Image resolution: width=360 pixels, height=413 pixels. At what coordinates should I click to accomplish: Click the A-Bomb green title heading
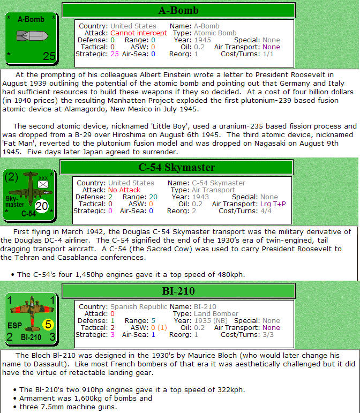pyautogui.click(x=178, y=10)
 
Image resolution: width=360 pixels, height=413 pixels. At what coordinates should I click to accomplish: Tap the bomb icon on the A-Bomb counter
pyautogui.click(x=32, y=36)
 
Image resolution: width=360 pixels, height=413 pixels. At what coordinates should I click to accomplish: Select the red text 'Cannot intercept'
pyautogui.click(x=139, y=33)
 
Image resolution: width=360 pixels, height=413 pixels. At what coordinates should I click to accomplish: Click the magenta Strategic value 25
pyautogui.click(x=115, y=54)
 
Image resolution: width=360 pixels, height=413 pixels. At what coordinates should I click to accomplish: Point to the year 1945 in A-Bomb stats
pyautogui.click(x=202, y=40)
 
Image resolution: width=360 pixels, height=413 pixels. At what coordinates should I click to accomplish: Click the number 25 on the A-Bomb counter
pyautogui.click(x=49, y=56)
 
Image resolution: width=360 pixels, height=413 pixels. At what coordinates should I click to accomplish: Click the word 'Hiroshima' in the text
pyautogui.click(x=129, y=135)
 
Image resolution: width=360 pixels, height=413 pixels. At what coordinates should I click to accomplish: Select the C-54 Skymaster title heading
pyautogui.click(x=176, y=167)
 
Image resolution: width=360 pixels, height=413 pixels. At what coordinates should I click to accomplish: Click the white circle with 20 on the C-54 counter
pyautogui.click(x=42, y=206)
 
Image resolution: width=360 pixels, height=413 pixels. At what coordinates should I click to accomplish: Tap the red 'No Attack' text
pyautogui.click(x=124, y=190)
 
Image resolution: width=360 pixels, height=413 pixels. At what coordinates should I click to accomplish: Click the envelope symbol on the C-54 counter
pyautogui.click(x=43, y=184)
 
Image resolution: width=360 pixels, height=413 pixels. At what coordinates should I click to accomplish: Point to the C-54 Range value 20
pyautogui.click(x=153, y=197)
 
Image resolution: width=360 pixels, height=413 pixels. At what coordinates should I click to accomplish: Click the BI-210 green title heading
pyautogui.click(x=178, y=291)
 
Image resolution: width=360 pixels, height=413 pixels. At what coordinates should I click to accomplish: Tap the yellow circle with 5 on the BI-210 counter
pyautogui.click(x=48, y=324)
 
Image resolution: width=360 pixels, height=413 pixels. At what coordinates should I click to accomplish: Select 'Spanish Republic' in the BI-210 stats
pyautogui.click(x=139, y=307)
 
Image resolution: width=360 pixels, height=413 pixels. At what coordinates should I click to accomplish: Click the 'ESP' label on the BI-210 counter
pyautogui.click(x=15, y=326)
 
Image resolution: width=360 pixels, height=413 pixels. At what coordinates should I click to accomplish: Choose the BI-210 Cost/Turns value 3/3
pyautogui.click(x=268, y=335)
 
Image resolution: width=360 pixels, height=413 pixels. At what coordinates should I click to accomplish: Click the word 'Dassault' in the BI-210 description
pyautogui.click(x=49, y=364)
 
